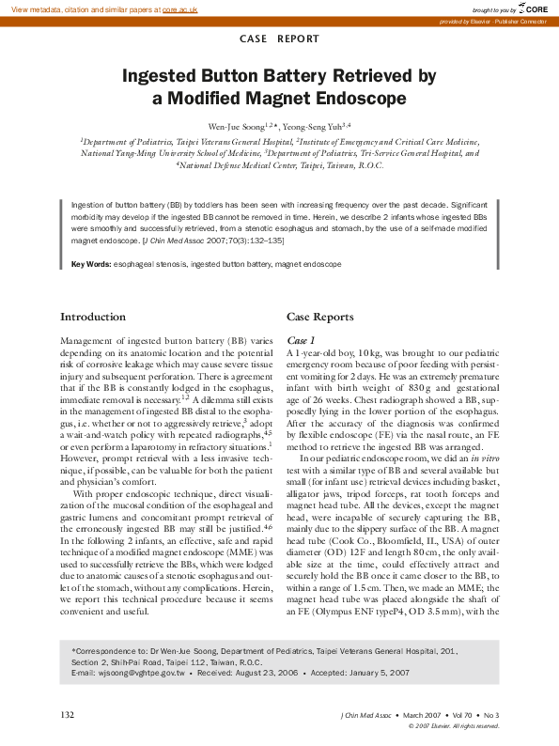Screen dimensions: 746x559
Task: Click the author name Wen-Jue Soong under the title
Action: (x=239, y=125)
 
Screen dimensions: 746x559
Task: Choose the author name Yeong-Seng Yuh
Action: (x=318, y=125)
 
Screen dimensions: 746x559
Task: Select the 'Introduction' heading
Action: (x=93, y=317)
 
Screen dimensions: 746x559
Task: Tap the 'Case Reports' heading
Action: (x=319, y=317)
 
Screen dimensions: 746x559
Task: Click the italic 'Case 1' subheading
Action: (x=301, y=338)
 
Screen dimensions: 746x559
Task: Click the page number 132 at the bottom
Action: (x=68, y=715)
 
